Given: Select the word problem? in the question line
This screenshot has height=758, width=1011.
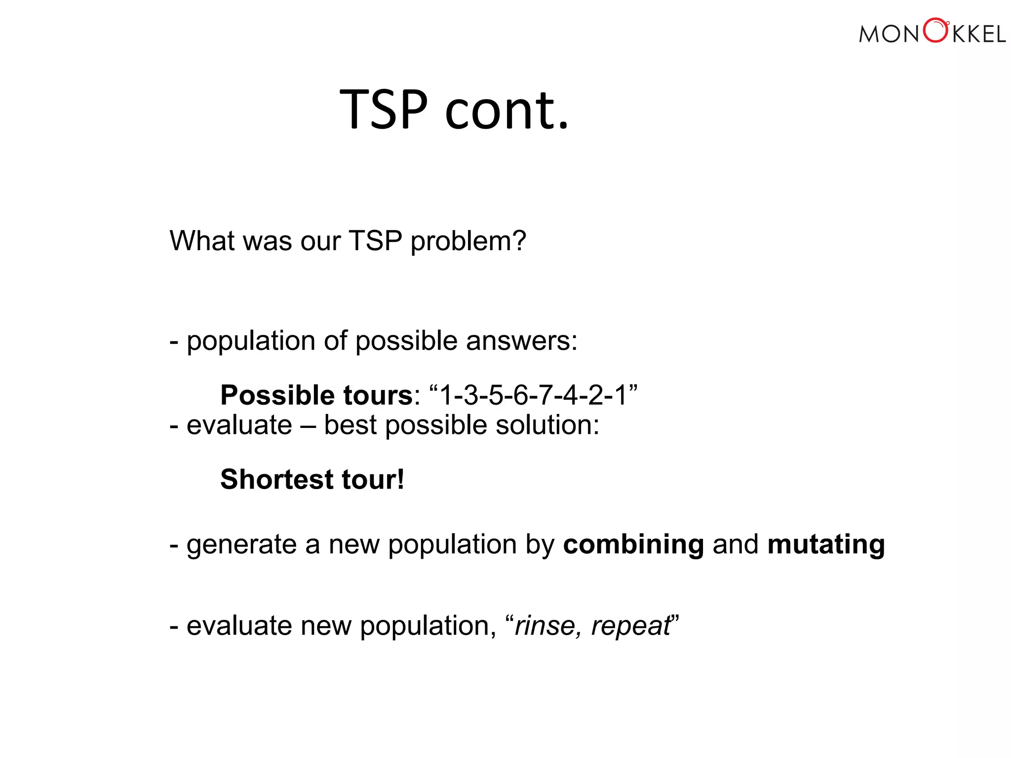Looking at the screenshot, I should [468, 242].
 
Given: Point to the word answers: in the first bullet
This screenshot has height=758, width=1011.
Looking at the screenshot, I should [521, 341].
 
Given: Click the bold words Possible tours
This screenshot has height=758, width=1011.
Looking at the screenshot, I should [316, 395].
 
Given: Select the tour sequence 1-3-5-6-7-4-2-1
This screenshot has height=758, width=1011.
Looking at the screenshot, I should [533, 395].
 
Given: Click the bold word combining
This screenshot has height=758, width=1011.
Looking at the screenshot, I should [633, 545].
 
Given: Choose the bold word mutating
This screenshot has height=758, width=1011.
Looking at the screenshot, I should [826, 545].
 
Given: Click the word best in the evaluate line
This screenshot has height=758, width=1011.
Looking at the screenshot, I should [350, 425].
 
